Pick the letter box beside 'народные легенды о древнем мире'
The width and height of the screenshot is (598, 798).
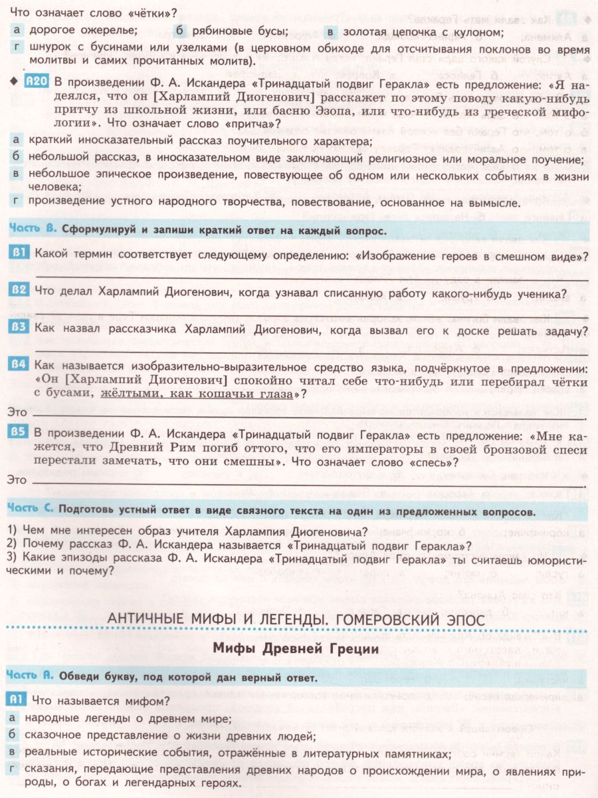coord(13,718)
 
